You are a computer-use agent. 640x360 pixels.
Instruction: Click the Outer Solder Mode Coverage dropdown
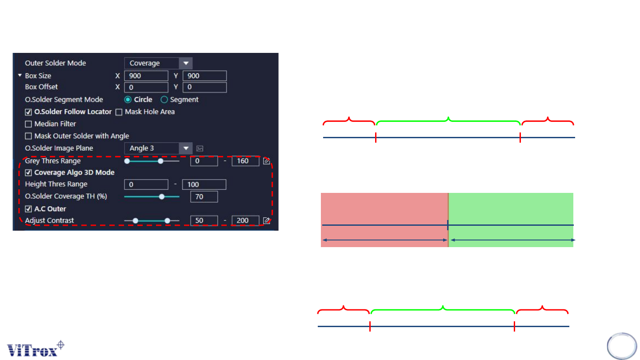(x=158, y=63)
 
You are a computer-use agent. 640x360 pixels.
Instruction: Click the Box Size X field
(x=146, y=76)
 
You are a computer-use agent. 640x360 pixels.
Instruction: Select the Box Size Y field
(x=204, y=76)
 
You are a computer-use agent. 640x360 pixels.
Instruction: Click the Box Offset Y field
(x=204, y=87)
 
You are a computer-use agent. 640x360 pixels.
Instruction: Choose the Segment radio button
(x=164, y=100)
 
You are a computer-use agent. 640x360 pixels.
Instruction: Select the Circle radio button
(x=128, y=100)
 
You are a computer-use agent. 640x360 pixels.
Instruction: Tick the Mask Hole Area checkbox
(x=119, y=112)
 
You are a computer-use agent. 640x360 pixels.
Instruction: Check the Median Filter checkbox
(x=28, y=124)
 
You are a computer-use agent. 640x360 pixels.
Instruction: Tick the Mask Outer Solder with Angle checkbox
(x=28, y=136)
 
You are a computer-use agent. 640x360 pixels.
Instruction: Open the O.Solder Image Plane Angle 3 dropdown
(x=158, y=148)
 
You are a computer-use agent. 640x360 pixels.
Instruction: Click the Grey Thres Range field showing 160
(x=245, y=161)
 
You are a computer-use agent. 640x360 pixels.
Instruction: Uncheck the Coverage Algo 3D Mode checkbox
(x=28, y=172)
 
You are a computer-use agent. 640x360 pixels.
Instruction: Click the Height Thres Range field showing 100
(x=204, y=184)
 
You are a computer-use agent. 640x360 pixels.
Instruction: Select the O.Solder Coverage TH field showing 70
(x=204, y=196)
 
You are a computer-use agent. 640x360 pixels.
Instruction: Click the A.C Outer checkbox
(x=28, y=209)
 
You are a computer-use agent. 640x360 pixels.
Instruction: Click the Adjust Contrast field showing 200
(x=245, y=220)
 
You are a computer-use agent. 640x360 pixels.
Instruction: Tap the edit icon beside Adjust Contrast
(x=267, y=220)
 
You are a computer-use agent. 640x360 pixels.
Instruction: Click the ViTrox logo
(x=36, y=348)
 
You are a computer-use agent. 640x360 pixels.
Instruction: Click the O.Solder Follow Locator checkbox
(x=28, y=112)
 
